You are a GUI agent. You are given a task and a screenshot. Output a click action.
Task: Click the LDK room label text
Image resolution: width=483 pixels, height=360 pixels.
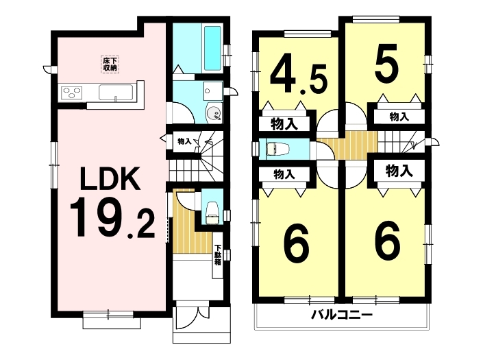[110, 179]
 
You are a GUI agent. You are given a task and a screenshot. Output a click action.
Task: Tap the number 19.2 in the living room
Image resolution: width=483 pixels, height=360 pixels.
[112, 218]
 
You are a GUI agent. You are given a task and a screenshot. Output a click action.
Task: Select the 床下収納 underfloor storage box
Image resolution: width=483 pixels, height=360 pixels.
[110, 64]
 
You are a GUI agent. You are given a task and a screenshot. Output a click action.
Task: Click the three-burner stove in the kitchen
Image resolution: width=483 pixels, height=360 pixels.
[73, 92]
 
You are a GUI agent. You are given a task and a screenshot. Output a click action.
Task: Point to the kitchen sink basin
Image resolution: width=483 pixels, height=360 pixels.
[116, 92]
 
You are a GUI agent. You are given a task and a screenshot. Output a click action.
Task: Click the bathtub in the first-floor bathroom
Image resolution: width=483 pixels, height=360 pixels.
[212, 48]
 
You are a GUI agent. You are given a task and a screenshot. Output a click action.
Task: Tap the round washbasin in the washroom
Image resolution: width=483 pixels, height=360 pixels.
[213, 113]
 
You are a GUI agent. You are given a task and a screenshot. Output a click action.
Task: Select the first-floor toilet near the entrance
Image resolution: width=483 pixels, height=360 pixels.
[212, 213]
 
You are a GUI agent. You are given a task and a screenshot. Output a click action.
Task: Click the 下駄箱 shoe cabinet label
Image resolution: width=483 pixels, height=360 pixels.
[218, 256]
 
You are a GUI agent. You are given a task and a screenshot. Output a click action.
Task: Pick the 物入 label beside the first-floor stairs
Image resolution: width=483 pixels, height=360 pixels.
[184, 141]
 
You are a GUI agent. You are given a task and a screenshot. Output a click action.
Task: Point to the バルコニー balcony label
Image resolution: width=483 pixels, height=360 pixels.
[342, 315]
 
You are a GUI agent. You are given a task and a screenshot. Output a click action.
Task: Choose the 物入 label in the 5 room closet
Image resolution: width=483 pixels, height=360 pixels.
[399, 117]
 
